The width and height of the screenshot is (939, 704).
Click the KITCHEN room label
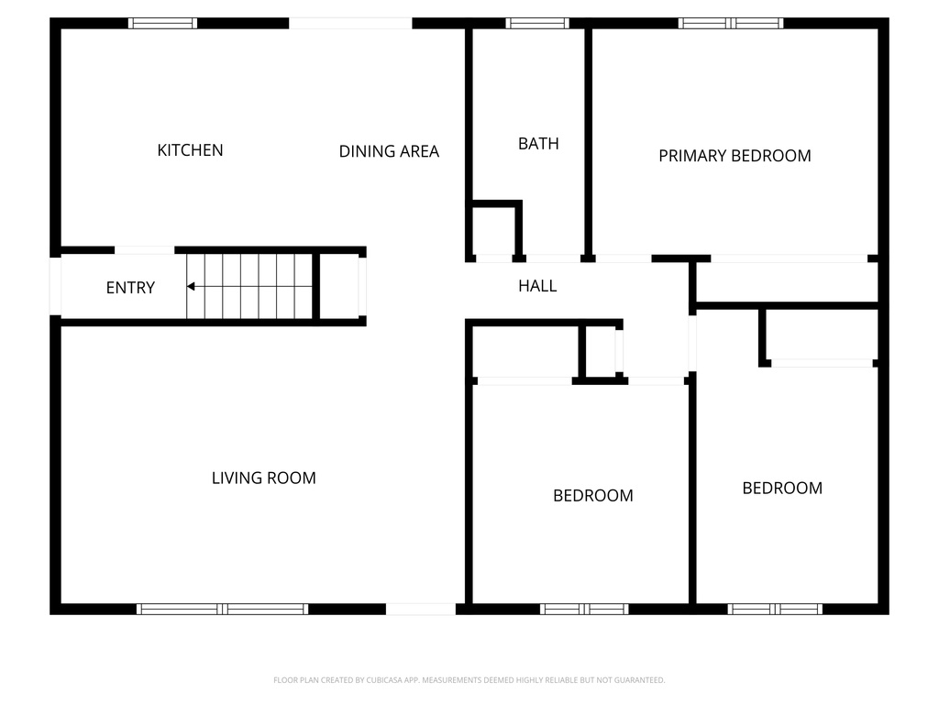tap(190, 150)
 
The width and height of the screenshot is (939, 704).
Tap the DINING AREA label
tap(389, 151)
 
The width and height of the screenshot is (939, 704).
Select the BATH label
tap(538, 144)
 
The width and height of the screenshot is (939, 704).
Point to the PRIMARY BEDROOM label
tap(735, 156)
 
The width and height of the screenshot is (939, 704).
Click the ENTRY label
tap(130, 288)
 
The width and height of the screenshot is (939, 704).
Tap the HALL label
tap(537, 286)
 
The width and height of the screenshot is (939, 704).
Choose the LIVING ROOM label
tap(264, 478)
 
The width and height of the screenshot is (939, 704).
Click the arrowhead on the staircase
tap(191, 287)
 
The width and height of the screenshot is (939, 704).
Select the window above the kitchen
tap(162, 23)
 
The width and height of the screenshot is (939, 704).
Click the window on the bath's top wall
tap(537, 23)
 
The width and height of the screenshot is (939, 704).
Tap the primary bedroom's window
tap(731, 23)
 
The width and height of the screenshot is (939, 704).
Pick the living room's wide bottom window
tap(222, 609)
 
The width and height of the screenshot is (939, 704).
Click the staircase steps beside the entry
tap(249, 286)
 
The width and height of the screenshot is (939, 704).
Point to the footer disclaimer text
tap(469, 680)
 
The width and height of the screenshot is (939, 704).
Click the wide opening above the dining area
tap(350, 23)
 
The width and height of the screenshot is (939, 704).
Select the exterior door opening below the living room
tap(420, 609)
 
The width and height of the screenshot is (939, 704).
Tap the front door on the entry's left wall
tap(55, 286)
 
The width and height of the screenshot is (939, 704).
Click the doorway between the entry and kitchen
tap(144, 249)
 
